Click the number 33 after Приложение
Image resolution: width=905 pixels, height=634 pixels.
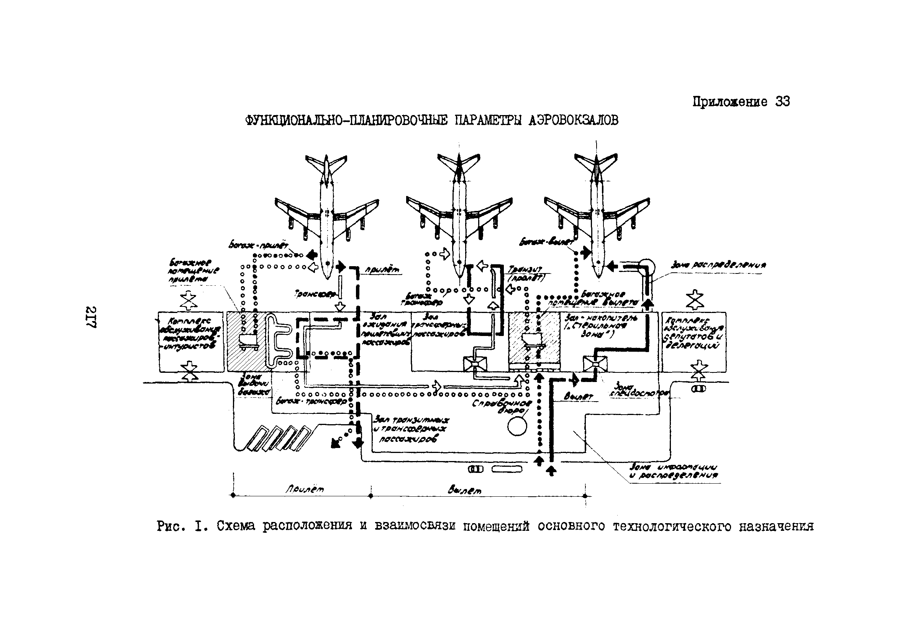pos(782,102)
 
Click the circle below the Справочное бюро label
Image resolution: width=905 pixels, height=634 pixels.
pos(517,427)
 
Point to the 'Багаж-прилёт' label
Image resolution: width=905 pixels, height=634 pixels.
pos(259,245)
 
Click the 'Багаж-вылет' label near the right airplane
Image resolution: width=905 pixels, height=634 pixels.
pos(546,242)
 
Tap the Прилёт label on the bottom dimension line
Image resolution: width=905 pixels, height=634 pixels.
pos(304,489)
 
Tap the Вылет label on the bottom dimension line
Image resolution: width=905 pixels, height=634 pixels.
pos(465,491)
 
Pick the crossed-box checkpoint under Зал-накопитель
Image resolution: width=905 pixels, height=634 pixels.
pos(595,364)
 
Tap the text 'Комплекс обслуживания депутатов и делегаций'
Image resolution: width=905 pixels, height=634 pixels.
pos(694,333)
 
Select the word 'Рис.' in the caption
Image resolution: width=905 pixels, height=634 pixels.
pos(169,526)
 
